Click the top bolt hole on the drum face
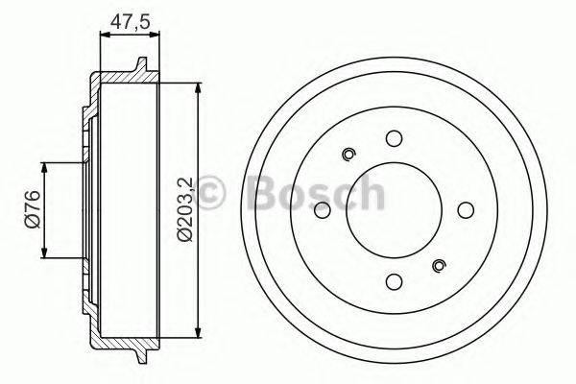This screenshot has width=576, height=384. [x=394, y=138]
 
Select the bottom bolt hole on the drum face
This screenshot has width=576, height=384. [x=394, y=282]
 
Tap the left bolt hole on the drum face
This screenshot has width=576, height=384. [x=322, y=210]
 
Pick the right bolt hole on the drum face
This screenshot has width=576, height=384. [x=466, y=210]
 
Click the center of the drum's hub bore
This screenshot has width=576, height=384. [x=394, y=210]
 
